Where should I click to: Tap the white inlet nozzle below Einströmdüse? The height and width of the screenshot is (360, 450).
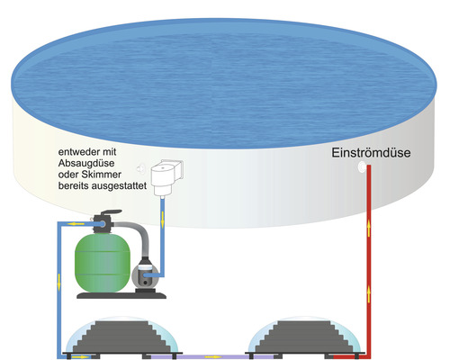[363, 168]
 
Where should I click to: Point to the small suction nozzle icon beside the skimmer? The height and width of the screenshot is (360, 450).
[140, 167]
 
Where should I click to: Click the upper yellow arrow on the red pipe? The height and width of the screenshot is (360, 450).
[371, 229]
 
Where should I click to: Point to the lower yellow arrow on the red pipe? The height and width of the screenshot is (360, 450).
[371, 290]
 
